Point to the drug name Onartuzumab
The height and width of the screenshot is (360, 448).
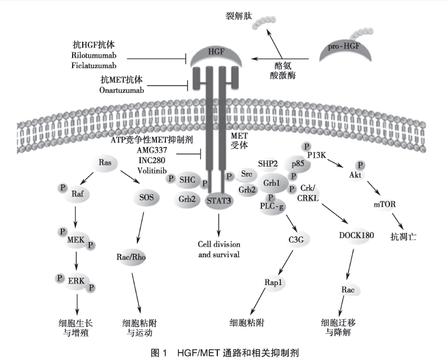click(x=125, y=90)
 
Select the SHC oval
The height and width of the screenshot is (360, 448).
click(x=187, y=179)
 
